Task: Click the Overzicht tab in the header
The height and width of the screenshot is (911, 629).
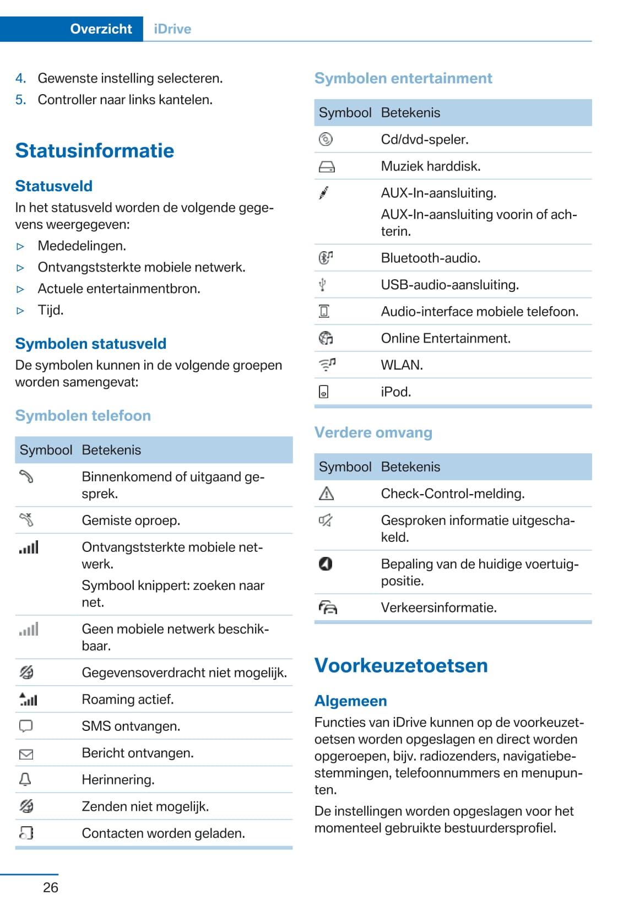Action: [x=101, y=29]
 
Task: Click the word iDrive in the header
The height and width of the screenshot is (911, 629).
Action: [x=172, y=29]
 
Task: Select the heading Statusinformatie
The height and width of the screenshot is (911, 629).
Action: [x=95, y=150]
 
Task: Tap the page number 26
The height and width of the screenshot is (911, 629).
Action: [x=51, y=887]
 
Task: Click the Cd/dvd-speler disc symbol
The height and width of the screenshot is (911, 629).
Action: [x=326, y=139]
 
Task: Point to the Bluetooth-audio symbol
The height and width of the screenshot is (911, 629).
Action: [x=326, y=257]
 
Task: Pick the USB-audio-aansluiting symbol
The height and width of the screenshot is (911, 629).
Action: [x=323, y=284]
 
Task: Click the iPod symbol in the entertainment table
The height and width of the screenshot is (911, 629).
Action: [x=324, y=392]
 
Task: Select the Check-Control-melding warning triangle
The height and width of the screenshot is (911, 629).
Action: [x=326, y=494]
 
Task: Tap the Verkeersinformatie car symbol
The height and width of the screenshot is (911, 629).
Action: [x=328, y=608]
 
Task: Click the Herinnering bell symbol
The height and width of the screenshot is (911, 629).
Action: [x=25, y=779]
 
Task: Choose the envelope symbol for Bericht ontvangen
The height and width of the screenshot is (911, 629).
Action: [x=26, y=754]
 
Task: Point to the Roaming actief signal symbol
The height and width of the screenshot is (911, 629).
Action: [x=28, y=699]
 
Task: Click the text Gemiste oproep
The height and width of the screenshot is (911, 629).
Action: [x=131, y=520]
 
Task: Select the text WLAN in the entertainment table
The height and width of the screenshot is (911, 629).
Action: [x=402, y=365]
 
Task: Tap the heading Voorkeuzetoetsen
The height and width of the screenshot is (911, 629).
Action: [x=401, y=665]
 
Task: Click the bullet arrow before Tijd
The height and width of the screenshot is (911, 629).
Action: [x=20, y=311]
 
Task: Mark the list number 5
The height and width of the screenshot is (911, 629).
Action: [x=20, y=100]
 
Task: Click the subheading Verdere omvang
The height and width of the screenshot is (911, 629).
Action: [x=373, y=432]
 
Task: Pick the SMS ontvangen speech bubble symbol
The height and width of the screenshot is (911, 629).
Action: [x=26, y=726]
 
